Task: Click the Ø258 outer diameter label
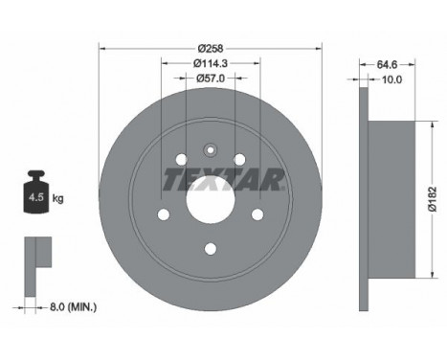211,49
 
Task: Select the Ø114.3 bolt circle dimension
211,63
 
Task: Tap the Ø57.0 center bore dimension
211,78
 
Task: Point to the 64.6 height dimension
387,64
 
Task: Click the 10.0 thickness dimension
391,79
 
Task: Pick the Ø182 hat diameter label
433,199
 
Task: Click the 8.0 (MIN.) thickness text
73,307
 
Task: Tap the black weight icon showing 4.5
36,191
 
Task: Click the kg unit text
57,198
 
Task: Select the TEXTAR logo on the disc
223,179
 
